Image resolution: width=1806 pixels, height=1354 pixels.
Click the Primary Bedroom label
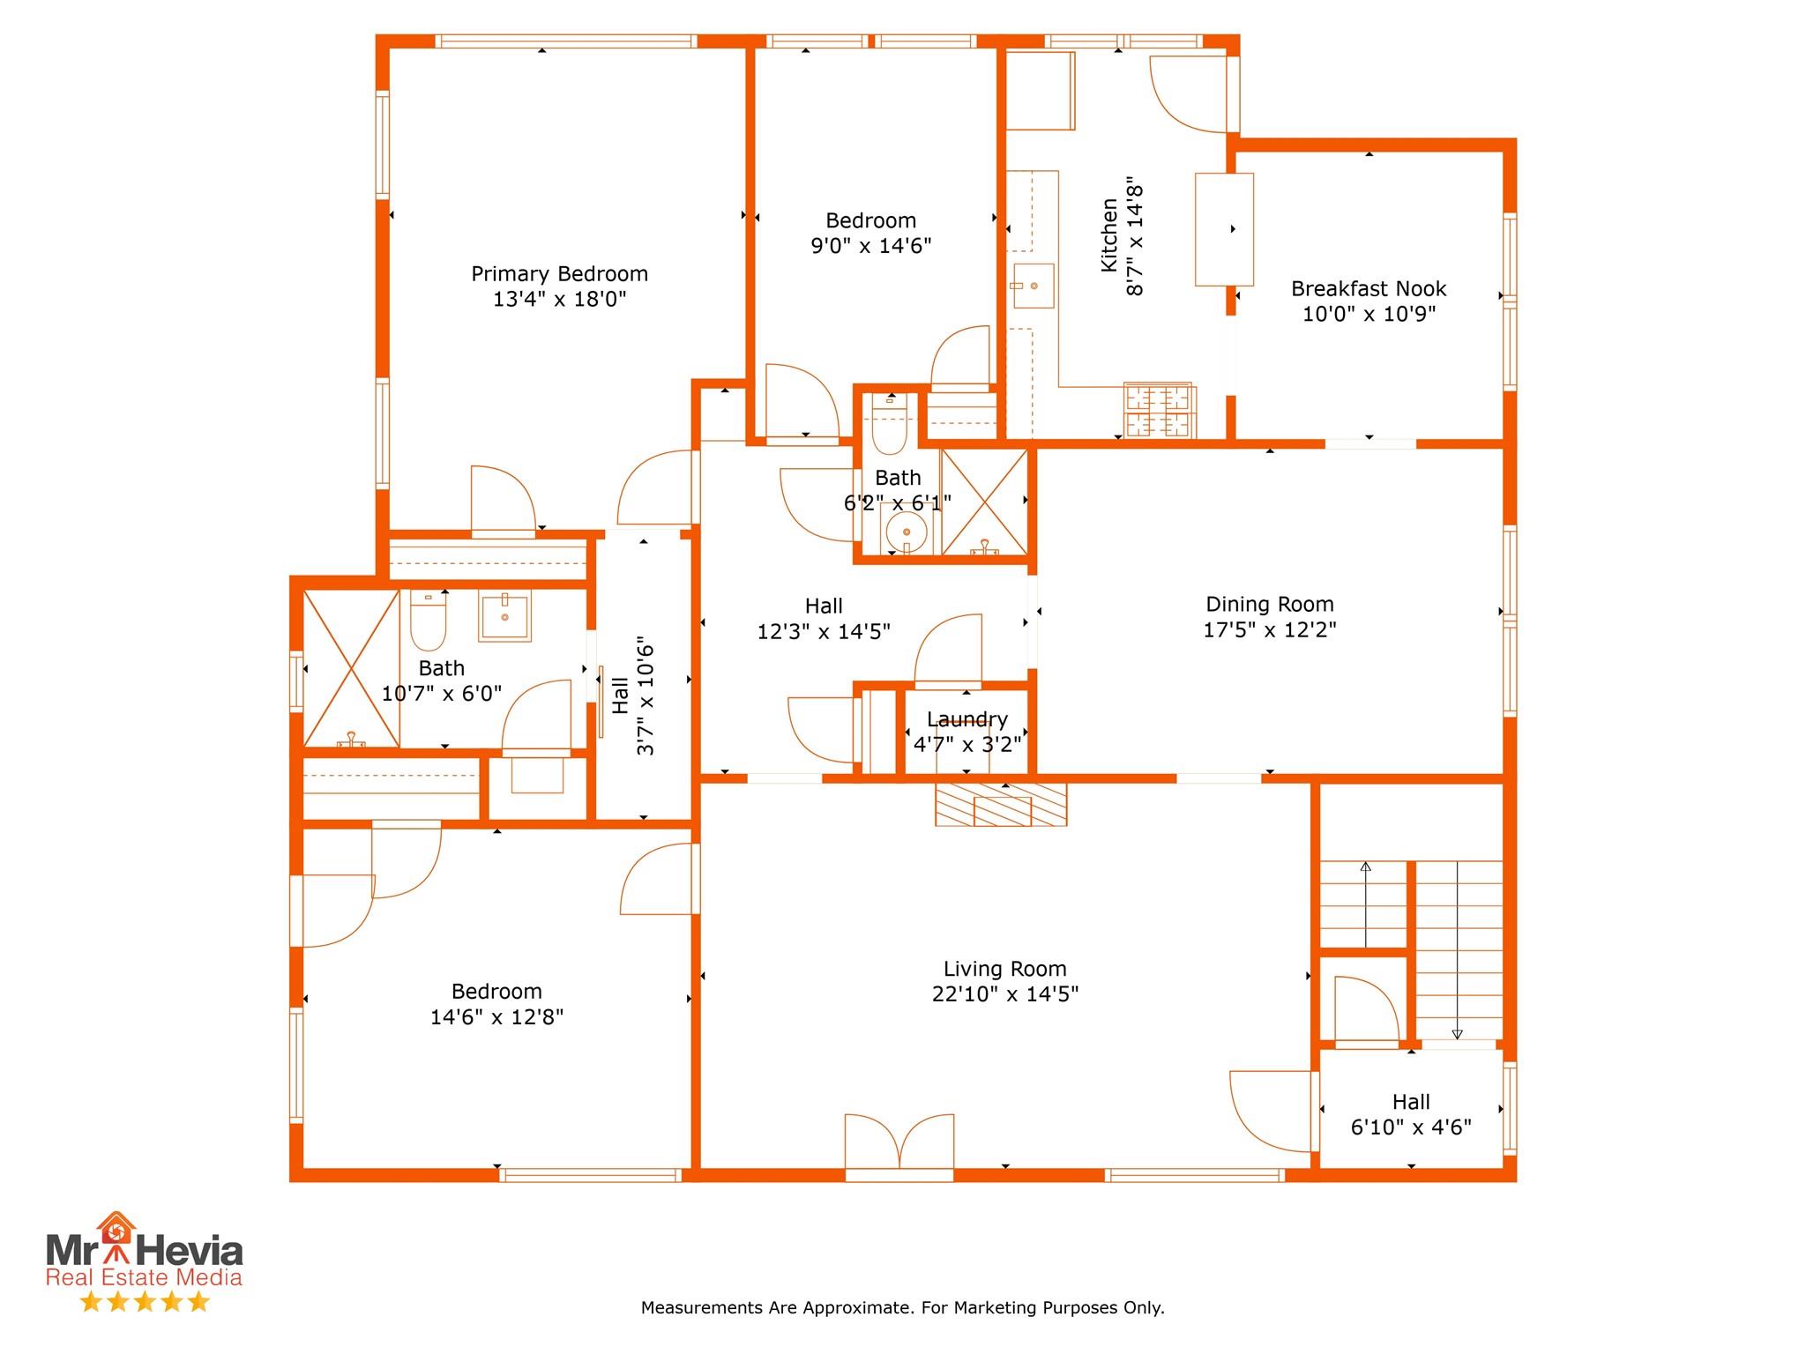[x=559, y=274]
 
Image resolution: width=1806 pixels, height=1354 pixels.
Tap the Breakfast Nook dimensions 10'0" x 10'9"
[x=1369, y=314]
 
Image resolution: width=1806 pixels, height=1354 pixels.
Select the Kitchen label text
[x=1109, y=234]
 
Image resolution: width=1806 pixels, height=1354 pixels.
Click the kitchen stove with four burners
[x=1157, y=410]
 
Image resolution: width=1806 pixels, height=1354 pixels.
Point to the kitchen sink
[x=1034, y=286]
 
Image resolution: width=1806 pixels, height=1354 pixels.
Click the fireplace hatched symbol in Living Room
[x=1001, y=804]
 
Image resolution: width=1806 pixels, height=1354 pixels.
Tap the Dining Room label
[x=1269, y=605]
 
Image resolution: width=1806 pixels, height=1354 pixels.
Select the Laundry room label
[x=966, y=720]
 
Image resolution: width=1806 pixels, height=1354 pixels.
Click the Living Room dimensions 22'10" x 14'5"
[x=1005, y=994]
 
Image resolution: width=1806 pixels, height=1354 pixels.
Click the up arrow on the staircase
[x=1365, y=905]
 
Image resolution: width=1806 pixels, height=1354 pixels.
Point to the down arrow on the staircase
[x=1457, y=950]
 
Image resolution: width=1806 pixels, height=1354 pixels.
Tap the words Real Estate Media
[x=144, y=1277]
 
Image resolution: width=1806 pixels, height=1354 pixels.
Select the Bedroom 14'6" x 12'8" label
[x=496, y=1004]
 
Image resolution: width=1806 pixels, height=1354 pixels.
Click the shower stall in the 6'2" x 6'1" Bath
[x=984, y=502]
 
